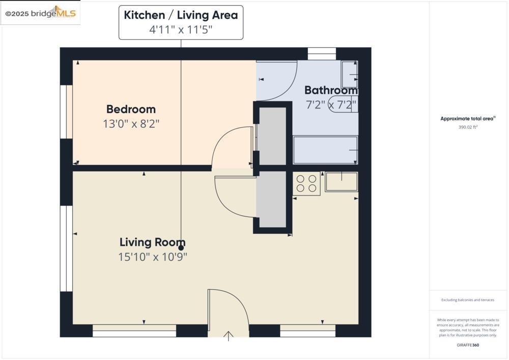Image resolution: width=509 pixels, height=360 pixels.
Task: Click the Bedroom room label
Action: [x=131, y=109]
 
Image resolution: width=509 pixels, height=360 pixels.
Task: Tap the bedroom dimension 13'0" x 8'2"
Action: [x=134, y=124]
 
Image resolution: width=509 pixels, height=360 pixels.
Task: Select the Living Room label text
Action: [x=152, y=242]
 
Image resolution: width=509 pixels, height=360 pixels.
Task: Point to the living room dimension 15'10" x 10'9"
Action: [x=153, y=257]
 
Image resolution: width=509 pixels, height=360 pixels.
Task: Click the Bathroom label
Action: [x=331, y=91]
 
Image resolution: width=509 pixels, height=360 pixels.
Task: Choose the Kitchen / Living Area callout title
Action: [x=181, y=15]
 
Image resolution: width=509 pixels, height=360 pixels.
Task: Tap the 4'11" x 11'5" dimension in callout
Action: [x=181, y=30]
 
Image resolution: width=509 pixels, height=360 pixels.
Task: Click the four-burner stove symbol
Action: [x=306, y=183]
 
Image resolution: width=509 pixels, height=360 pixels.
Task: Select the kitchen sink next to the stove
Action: [x=341, y=181]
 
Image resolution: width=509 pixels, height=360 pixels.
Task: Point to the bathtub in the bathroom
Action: [x=325, y=150]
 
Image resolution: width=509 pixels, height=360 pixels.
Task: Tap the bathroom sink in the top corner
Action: [x=349, y=74]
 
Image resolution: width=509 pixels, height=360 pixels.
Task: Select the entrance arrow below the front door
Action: [x=229, y=336]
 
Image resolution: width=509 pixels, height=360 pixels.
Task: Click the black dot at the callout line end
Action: [x=181, y=248]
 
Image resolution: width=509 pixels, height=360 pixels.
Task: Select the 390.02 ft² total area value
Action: [x=468, y=127]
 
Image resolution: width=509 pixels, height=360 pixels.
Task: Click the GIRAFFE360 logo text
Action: [x=468, y=345]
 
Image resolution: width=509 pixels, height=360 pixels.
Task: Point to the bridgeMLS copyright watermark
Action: [x=41, y=14]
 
